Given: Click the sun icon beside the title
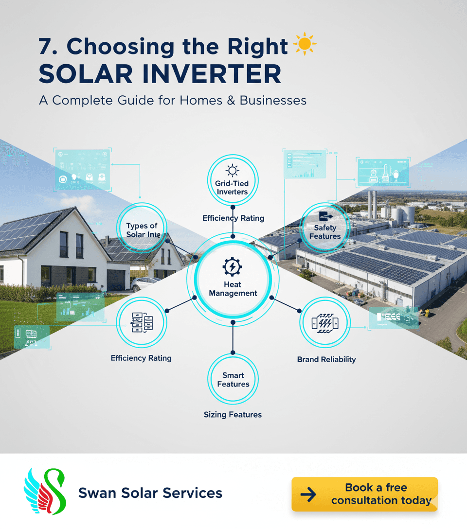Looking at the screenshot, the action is pyautogui.click(x=305, y=45).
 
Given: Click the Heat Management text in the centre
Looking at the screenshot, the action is pyautogui.click(x=233, y=289).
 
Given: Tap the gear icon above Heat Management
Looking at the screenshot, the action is pyautogui.click(x=233, y=267).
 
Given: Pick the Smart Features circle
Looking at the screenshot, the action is pyautogui.click(x=233, y=379).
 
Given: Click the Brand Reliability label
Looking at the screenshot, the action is pyautogui.click(x=326, y=360).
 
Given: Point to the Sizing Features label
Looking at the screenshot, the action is pyautogui.click(x=233, y=415).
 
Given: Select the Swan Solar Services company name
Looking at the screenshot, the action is pyautogui.click(x=150, y=493).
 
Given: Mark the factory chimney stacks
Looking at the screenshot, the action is pyautogui.click(x=372, y=204).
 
